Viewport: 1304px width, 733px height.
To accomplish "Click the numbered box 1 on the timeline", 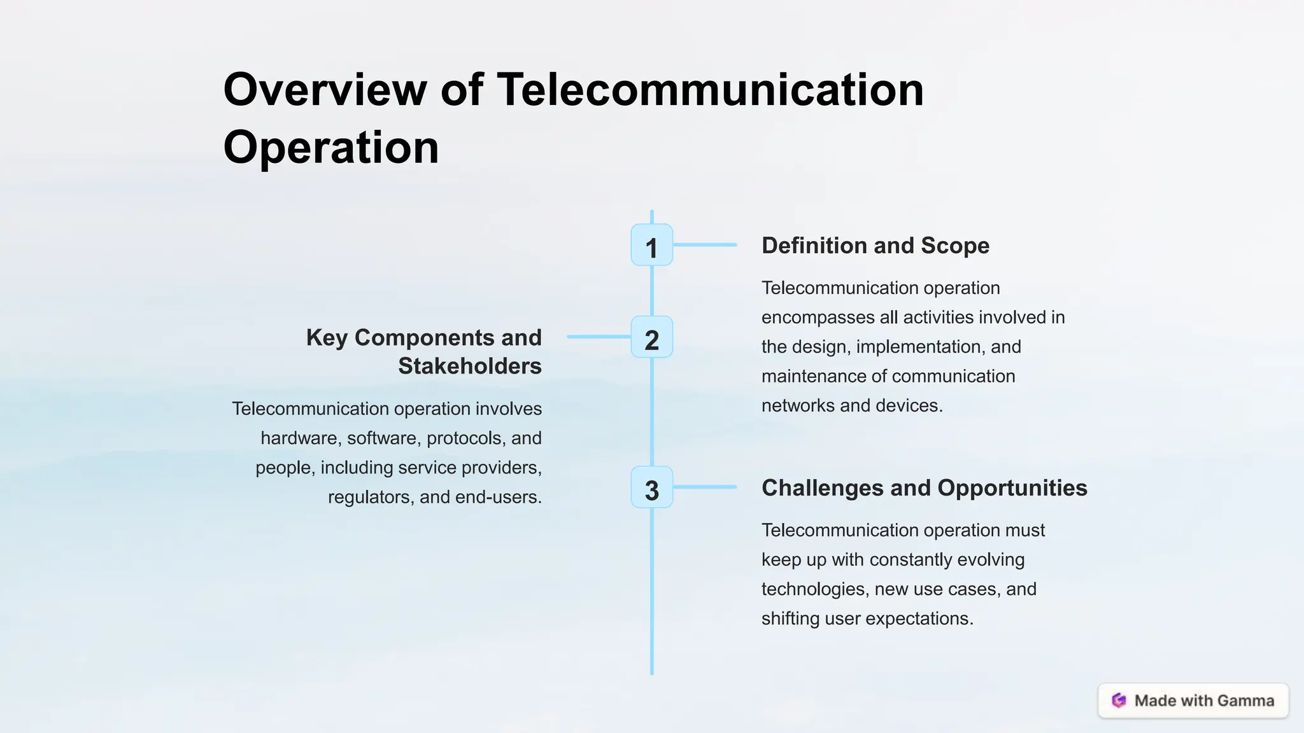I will (651, 245).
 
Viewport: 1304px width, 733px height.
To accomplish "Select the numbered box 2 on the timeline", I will (651, 337).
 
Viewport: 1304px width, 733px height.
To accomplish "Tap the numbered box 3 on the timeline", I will (651, 487).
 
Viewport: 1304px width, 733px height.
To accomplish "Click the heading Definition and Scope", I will (875, 246).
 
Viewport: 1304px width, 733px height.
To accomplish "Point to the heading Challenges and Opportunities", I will (924, 488).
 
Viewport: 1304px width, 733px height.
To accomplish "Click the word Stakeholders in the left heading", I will (469, 366).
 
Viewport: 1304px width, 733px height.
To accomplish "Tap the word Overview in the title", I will (325, 90).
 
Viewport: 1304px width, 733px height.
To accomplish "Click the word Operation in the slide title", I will (331, 148).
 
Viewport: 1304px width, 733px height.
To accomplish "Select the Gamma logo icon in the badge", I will (1119, 701).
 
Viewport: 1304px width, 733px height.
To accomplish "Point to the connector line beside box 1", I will (704, 244).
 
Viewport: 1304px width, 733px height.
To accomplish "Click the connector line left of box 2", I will (599, 337).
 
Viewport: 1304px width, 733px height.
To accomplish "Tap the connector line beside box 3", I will (704, 487).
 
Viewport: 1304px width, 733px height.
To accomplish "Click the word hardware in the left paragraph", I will (298, 438).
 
